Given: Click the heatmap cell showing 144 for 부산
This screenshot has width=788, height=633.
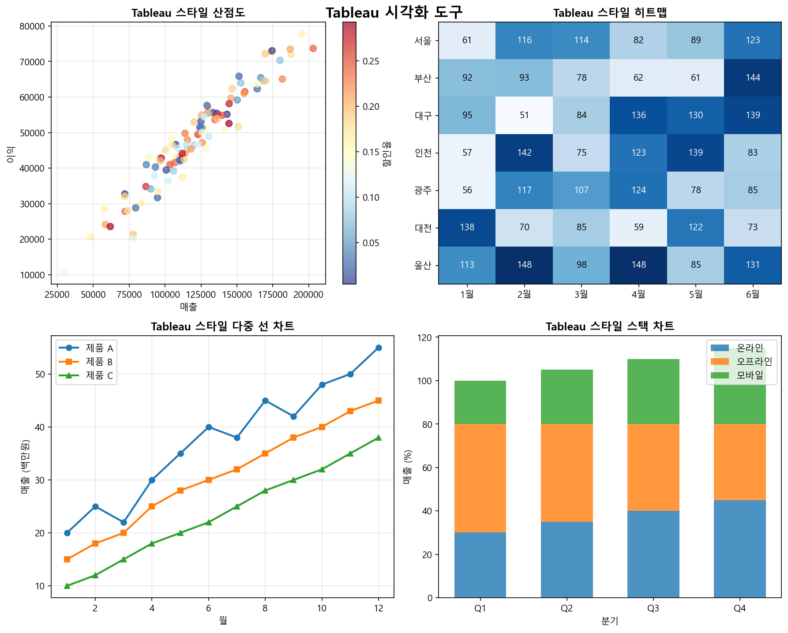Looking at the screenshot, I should pos(753,78).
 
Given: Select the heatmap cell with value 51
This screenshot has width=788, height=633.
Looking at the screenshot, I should pos(524,116).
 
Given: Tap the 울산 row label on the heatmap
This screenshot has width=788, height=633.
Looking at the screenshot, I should pos(423,266).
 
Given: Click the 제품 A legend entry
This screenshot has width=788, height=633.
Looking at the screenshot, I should pos(99,348).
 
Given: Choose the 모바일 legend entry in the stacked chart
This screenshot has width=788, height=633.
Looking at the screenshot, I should pos(750,375).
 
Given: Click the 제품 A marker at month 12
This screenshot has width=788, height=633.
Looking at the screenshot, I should pos(379,348).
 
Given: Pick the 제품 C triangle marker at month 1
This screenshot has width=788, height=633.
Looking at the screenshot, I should pos(67,586).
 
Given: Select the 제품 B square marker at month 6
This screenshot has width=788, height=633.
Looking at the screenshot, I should pos(209,480).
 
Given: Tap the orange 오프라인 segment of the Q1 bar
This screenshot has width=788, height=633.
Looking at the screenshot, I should pos(480,478).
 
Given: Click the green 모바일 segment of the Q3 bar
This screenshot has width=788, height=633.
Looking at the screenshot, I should pos(653,392).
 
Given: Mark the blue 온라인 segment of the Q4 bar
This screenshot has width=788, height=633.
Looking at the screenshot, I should pos(739,549).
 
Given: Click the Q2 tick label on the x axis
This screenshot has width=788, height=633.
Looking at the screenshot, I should pos(567,609).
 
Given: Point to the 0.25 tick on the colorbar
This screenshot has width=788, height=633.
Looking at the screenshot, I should pos(371,61).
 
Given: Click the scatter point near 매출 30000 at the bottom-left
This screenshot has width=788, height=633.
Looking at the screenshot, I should pos(64,272).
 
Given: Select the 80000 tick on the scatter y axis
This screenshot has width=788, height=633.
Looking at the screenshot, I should pos(33,26).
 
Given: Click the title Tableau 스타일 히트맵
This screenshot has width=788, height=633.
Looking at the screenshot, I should pos(610,13).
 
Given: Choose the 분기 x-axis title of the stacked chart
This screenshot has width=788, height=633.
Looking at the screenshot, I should pos(610,621).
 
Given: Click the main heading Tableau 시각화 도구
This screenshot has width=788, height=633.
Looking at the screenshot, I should pos(394,12).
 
